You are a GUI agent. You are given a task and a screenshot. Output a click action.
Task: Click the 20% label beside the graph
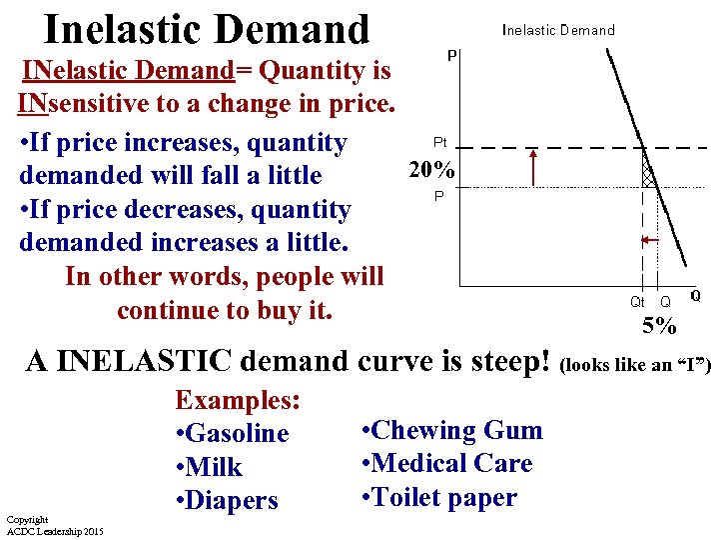coord(432,171)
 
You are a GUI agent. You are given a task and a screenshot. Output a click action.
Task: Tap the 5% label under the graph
coord(659,325)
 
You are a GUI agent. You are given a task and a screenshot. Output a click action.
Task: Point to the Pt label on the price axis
coord(439,143)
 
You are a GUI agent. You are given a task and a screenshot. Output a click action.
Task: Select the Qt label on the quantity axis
coord(637,301)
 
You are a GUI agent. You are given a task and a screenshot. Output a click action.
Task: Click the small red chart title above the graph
coord(558,30)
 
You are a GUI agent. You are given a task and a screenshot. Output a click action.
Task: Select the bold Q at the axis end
coord(695,296)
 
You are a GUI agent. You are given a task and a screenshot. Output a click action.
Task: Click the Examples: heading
coord(238,400)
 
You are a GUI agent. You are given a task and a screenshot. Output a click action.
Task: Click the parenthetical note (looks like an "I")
coord(638,365)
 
